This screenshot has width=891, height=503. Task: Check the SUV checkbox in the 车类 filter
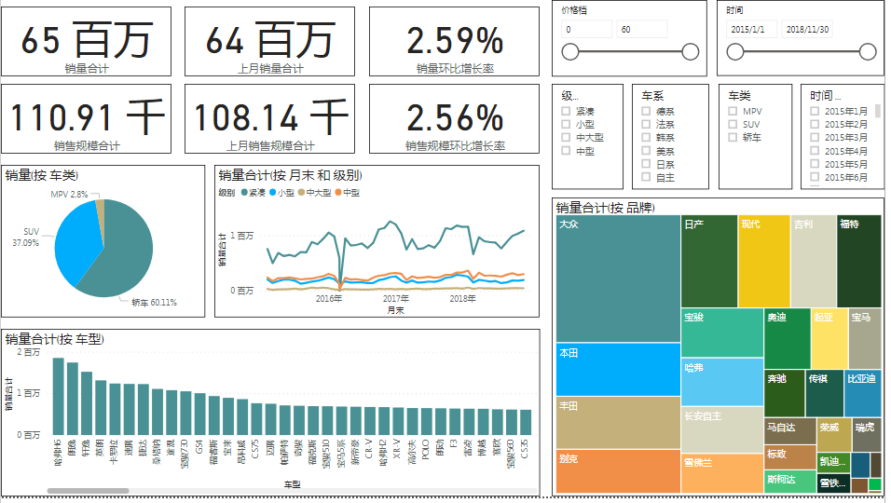point(733,124)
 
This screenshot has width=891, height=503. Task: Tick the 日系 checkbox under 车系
point(646,164)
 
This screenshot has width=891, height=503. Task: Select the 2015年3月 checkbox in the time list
point(815,138)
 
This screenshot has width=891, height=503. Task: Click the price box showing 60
point(641,30)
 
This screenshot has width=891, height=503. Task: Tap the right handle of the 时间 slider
point(866,51)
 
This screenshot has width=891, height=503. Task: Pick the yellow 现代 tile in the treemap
point(763,261)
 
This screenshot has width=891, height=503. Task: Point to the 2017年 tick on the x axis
point(395,298)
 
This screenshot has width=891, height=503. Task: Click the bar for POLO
point(426,421)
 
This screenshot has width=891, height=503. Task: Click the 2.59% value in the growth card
point(455,41)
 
